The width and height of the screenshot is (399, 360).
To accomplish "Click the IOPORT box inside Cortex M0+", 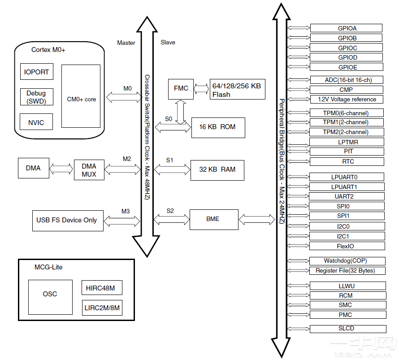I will (36, 72).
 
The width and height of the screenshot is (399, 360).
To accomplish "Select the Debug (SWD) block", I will (36, 96).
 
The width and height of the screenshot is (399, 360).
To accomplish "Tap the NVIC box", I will (36, 122).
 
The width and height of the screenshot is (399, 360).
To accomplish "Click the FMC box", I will (181, 88).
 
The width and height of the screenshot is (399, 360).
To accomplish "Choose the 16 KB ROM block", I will (217, 127).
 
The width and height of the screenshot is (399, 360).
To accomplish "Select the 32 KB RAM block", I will (217, 170).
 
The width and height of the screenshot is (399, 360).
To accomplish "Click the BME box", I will (213, 219).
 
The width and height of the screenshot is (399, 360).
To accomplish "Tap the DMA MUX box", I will (89, 170).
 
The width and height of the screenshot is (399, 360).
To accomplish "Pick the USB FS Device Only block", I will (67, 220).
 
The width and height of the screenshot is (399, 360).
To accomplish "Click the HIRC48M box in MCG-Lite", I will (102, 288).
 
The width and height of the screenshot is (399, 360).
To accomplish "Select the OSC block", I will (50, 294).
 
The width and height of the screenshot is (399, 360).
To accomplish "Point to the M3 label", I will (126, 211).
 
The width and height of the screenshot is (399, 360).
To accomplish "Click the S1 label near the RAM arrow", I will (169, 160).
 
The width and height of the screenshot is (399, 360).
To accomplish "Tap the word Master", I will (126, 43).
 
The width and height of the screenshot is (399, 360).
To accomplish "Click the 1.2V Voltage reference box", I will (347, 99).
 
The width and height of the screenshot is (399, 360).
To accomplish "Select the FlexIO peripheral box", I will (347, 246).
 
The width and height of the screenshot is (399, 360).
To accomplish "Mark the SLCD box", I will (347, 329).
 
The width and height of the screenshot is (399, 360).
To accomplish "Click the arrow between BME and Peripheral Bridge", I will (256, 219).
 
